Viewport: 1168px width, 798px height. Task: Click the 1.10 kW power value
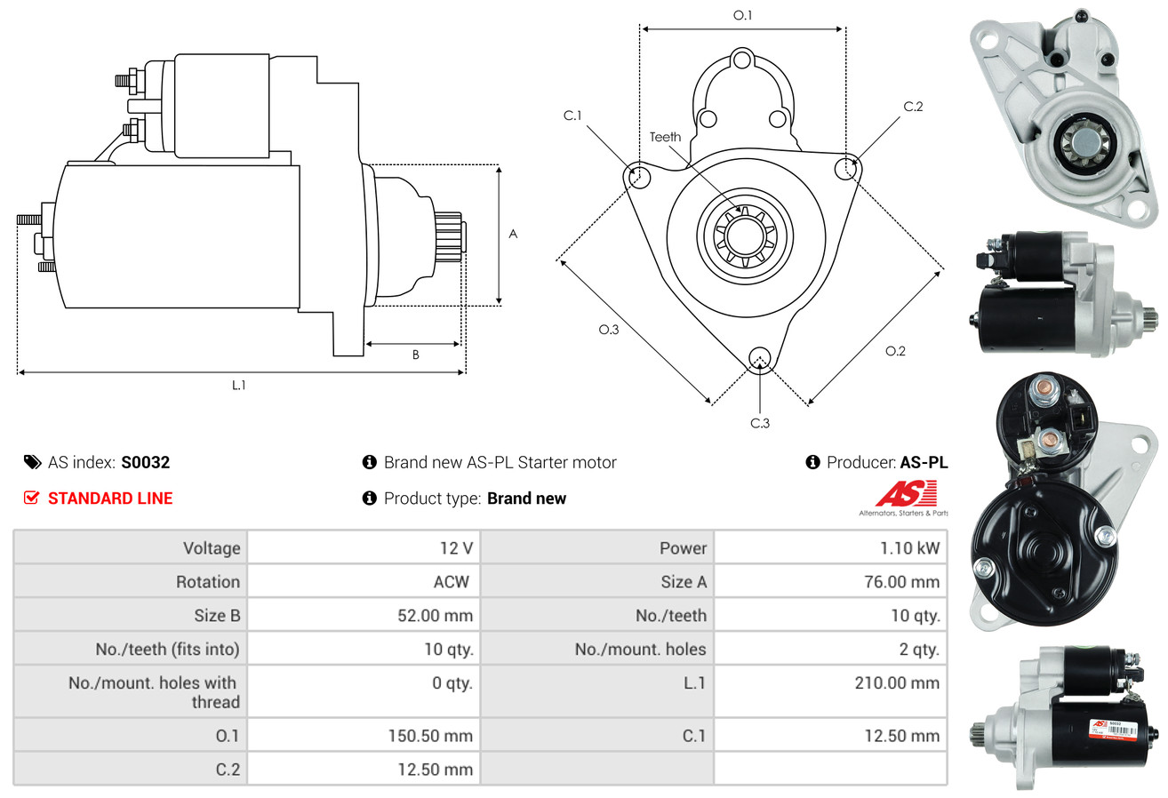pyautogui.click(x=909, y=548)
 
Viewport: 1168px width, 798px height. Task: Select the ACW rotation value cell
pyautogui.click(x=451, y=582)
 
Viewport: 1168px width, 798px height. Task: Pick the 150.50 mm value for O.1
pyautogui.click(x=430, y=736)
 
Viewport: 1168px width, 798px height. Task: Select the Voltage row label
pyautogui.click(x=212, y=548)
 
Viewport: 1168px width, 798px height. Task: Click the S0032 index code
pyautogui.click(x=145, y=462)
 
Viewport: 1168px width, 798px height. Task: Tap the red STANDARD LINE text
pyautogui.click(x=110, y=499)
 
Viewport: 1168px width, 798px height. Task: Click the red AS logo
pyautogui.click(x=906, y=494)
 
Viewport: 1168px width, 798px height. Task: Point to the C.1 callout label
pyautogui.click(x=572, y=116)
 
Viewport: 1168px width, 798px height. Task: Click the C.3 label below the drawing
pyautogui.click(x=759, y=423)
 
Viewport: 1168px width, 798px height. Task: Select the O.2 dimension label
pyautogui.click(x=895, y=351)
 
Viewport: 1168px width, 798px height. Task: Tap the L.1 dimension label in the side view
pyautogui.click(x=239, y=385)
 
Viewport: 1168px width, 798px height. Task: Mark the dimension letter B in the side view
pyautogui.click(x=415, y=355)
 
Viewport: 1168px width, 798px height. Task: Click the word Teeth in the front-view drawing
pyautogui.click(x=665, y=137)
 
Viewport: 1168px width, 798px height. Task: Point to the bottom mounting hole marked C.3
pyautogui.click(x=759, y=358)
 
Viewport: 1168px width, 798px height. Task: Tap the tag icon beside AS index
pyautogui.click(x=32, y=462)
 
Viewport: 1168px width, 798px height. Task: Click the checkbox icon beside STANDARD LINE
pyautogui.click(x=32, y=499)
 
